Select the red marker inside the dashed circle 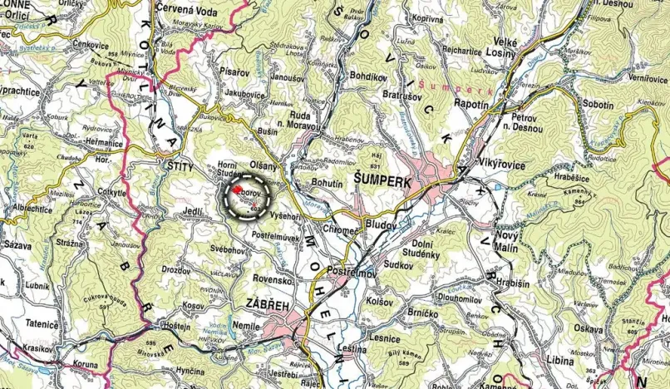tap(236, 190)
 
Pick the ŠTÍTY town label tap(175, 167)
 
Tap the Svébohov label tap(227, 249)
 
